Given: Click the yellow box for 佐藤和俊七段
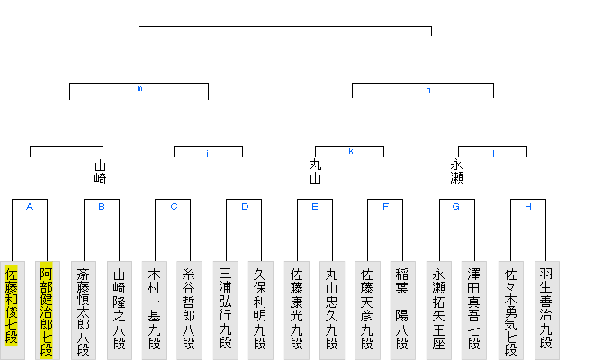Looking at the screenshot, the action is click(x=12, y=306).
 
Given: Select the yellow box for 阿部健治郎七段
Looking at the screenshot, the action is click(x=47, y=306).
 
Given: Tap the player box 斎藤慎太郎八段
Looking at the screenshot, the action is click(x=83, y=306).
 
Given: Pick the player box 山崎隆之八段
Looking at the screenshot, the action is click(x=118, y=306).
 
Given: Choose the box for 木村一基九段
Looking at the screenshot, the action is click(x=154, y=306).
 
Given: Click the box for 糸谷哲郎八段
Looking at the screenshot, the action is click(x=189, y=306).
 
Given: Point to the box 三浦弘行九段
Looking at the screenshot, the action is click(x=225, y=306).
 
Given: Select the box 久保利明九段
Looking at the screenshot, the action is click(x=260, y=306).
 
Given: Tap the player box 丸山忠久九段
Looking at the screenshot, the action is click(x=331, y=306).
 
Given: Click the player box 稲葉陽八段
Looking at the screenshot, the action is click(x=402, y=306).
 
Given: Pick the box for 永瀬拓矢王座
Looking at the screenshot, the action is click(x=438, y=306).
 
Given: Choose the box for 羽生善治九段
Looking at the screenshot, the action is click(x=545, y=306).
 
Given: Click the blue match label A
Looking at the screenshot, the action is click(x=30, y=206).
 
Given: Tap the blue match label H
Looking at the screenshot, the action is click(x=527, y=206).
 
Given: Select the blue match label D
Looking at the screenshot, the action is click(x=243, y=206).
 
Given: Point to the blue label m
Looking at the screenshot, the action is click(x=139, y=89).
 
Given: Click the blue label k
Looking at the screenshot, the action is click(x=350, y=151).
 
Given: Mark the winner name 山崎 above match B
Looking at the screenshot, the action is click(x=100, y=172).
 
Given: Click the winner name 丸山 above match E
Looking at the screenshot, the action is click(x=315, y=172).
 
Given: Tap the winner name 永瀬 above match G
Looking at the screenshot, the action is click(x=457, y=172).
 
